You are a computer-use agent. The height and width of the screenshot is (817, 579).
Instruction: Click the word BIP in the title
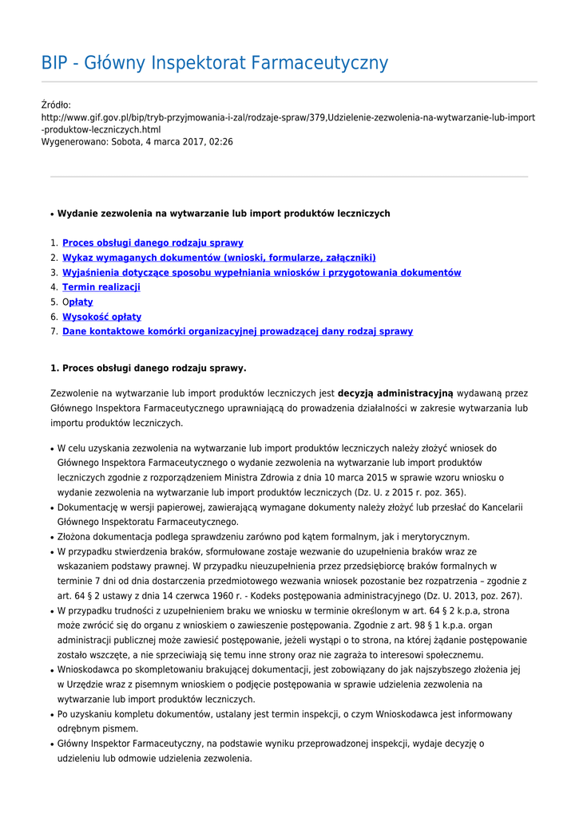pos(57,63)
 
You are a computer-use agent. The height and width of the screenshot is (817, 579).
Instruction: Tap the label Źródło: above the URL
pos(56,105)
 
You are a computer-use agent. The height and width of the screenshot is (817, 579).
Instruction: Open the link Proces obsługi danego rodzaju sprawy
pos(153,243)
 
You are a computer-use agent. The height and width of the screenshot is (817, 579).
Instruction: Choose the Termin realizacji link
pos(101,287)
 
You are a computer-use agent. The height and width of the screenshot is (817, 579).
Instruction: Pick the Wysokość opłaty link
pos(101,317)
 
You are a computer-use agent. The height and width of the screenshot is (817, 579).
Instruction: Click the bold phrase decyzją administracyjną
pos(395,393)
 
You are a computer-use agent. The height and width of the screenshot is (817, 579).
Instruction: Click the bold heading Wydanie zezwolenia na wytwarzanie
pos(224,214)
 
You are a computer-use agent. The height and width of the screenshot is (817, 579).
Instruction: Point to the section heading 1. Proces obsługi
pos(149,369)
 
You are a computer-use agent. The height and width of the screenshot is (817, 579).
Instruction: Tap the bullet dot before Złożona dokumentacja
pos(52,537)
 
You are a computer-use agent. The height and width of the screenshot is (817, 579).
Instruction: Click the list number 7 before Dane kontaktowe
pos(53,331)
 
